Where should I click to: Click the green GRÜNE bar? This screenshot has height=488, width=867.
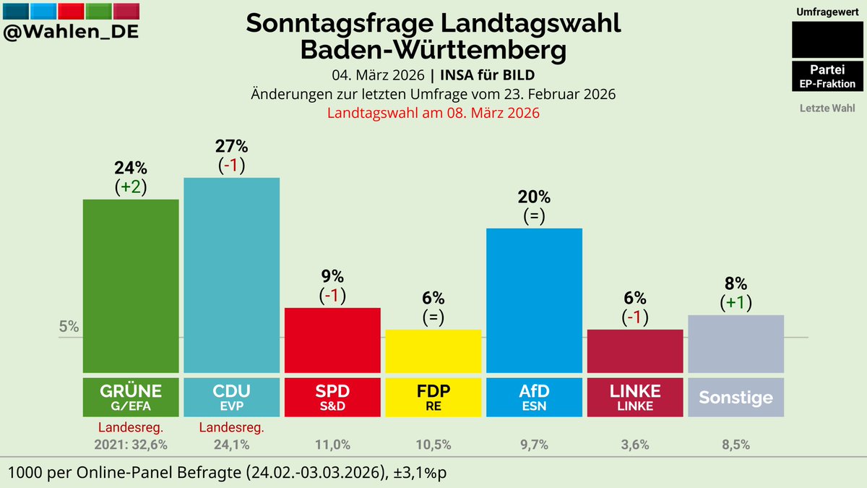(131, 286)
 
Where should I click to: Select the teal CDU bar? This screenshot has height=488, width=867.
(231, 275)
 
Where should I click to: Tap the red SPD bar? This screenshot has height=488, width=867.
(332, 340)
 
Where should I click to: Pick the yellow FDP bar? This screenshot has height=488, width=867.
(433, 351)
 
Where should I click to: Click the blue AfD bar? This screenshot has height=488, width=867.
(534, 300)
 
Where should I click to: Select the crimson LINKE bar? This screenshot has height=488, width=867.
(634, 351)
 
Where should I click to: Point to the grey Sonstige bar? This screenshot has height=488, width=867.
(736, 343)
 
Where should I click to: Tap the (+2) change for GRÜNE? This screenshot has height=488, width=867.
(131, 187)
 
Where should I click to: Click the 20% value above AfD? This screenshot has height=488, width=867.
(534, 197)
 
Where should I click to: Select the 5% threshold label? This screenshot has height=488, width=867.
(69, 326)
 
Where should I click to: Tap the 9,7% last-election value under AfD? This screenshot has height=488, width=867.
(534, 445)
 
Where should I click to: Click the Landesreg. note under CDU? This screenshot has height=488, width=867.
(231, 427)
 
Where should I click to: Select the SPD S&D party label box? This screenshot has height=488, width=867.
(332, 397)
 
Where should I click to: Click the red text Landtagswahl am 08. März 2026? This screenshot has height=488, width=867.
(433, 114)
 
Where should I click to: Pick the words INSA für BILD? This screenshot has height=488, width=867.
(488, 75)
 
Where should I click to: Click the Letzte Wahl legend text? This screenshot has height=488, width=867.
(827, 108)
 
